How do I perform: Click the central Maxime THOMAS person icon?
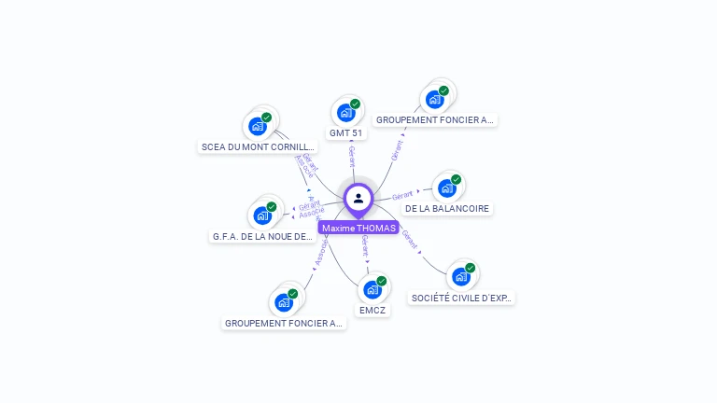tap(358, 198)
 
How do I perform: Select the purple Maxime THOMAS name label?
tap(358, 228)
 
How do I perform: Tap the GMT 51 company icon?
tap(346, 113)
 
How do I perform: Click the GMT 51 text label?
tap(346, 133)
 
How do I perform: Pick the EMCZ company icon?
tap(373, 289)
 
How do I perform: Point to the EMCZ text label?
tap(373, 310)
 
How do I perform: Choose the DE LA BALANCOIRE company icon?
tap(447, 188)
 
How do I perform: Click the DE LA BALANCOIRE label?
tap(447, 209)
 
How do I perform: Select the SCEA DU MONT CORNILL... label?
tap(259, 147)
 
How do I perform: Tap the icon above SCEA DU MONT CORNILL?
tap(258, 126)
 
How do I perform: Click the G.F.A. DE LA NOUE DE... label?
tap(262, 237)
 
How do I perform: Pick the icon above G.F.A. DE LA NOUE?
tap(262, 215)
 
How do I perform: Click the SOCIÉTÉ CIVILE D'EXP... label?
tap(461, 299)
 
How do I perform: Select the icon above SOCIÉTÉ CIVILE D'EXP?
tap(461, 276)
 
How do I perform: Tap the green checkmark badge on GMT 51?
tap(355, 104)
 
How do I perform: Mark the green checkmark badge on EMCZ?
tap(381, 281)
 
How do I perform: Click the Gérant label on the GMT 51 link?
tap(352, 155)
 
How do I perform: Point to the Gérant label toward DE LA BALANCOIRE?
tap(403, 196)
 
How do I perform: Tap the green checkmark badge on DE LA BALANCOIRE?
tap(456, 180)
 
